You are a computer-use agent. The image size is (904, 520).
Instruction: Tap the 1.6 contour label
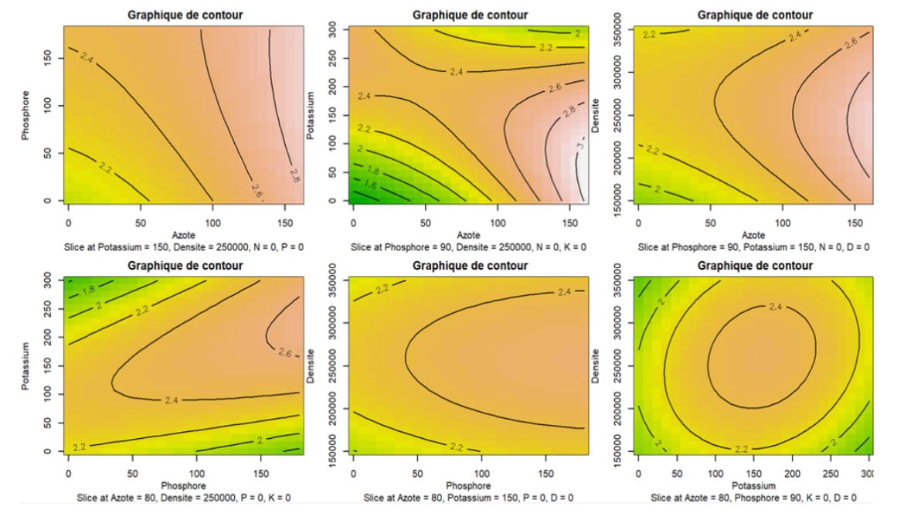(371, 185)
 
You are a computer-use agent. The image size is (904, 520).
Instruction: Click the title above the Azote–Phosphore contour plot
(186, 14)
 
